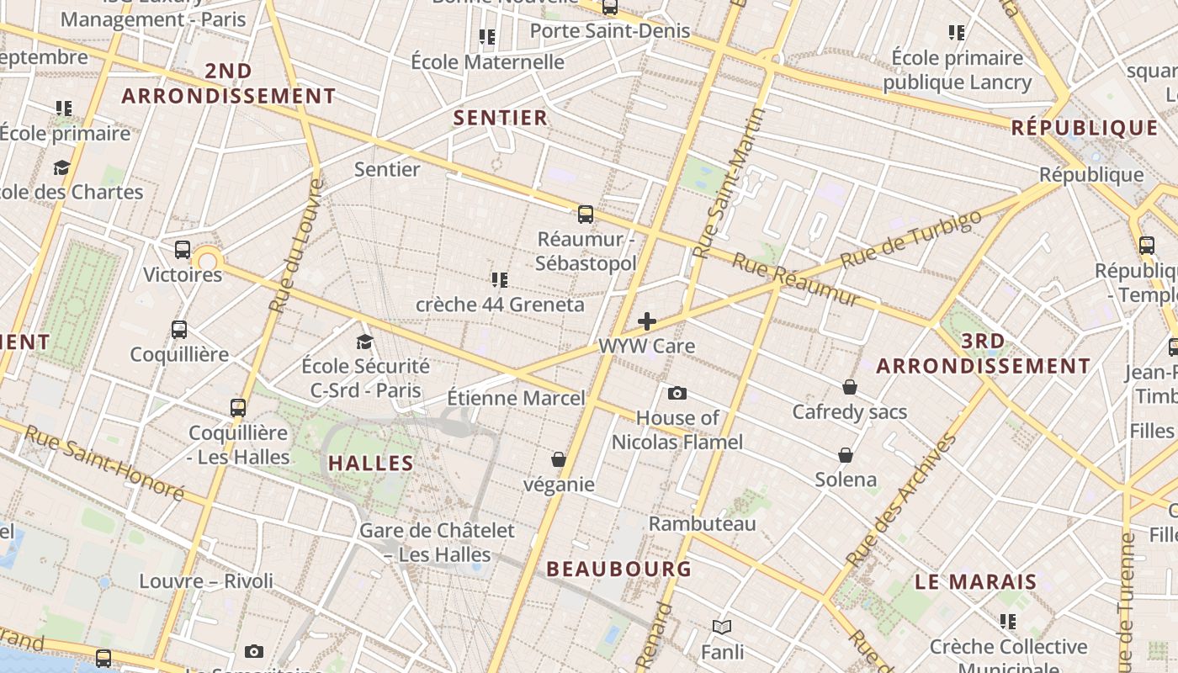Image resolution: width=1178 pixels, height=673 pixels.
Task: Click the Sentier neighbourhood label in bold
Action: tap(501, 118)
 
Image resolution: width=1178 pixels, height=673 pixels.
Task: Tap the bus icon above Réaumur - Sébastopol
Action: tap(586, 214)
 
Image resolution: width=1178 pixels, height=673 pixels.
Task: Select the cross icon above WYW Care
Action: tap(647, 321)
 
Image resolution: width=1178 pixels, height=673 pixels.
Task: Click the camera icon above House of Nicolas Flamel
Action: tap(677, 393)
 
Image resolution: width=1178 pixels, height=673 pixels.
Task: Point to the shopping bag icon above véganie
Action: tap(558, 459)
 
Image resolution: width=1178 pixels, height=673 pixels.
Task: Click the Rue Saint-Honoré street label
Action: tap(104, 462)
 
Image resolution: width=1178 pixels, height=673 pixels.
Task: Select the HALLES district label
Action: tap(371, 463)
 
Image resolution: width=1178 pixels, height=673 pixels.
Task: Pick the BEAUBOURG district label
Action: tap(619, 569)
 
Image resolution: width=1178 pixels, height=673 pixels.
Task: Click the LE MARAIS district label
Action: tap(976, 581)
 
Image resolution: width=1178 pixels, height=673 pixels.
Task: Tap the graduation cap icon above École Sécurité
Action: tap(364, 342)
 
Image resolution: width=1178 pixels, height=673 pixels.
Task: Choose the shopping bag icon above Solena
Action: tap(846, 455)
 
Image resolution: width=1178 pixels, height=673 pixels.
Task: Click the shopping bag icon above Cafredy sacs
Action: tap(850, 387)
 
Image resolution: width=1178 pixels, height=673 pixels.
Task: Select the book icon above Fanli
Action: tap(721, 627)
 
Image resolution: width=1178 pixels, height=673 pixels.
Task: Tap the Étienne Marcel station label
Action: tap(515, 397)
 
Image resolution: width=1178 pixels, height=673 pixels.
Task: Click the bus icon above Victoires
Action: tap(183, 250)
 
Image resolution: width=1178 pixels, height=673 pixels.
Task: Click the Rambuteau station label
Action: tap(702, 523)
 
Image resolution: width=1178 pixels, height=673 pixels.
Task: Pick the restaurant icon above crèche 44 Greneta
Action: tap(500, 279)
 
